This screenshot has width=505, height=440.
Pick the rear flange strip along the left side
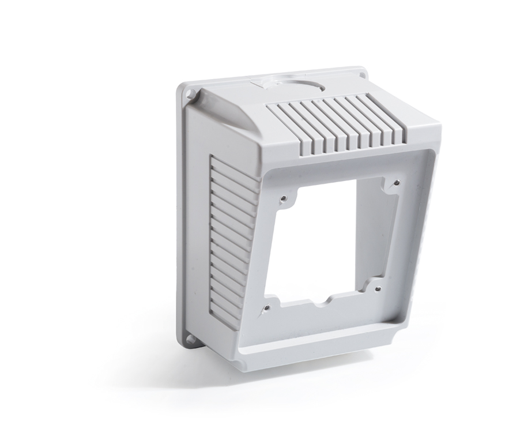[x=182, y=219]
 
